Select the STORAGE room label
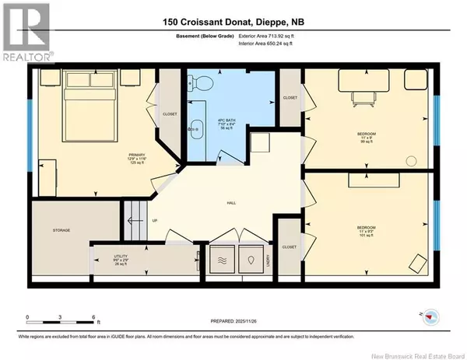click(x=62, y=230)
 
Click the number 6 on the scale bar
click(x=93, y=318)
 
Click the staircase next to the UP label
click(x=138, y=218)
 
